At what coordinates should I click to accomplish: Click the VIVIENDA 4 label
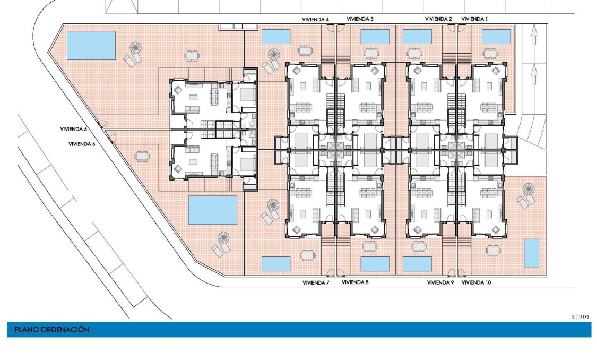pos(315,20)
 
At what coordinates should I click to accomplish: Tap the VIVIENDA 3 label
pos(360,19)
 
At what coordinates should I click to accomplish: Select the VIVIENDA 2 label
pos(438,19)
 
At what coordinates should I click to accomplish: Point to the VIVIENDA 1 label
pos(474,19)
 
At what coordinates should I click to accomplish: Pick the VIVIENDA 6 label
pos(81,144)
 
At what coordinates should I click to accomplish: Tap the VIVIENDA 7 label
pos(316,282)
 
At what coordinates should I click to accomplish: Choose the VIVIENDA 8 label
pos(355,282)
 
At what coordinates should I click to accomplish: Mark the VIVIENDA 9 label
pos(440,283)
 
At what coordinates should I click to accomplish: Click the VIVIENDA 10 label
pos(476,283)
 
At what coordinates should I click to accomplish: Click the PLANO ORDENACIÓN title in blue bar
pos(49,330)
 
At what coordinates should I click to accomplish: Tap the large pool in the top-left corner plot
pos(91,45)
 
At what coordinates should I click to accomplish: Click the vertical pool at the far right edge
pos(531,253)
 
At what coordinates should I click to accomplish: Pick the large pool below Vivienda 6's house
pos(212,210)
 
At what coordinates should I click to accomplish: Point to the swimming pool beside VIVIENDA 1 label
pos(496,37)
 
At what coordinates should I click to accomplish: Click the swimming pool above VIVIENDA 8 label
pos(375,264)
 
